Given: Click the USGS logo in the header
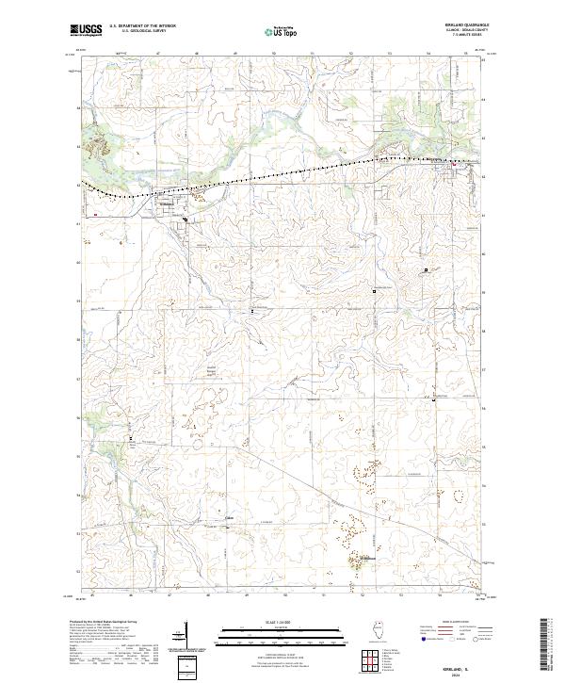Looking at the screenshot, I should pyautogui.click(x=86, y=30).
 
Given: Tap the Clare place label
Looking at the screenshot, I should pyautogui.click(x=229, y=516).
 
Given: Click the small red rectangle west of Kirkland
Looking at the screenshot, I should pyautogui.click(x=97, y=214).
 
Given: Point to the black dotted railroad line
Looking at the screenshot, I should pyautogui.click(x=282, y=173).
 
